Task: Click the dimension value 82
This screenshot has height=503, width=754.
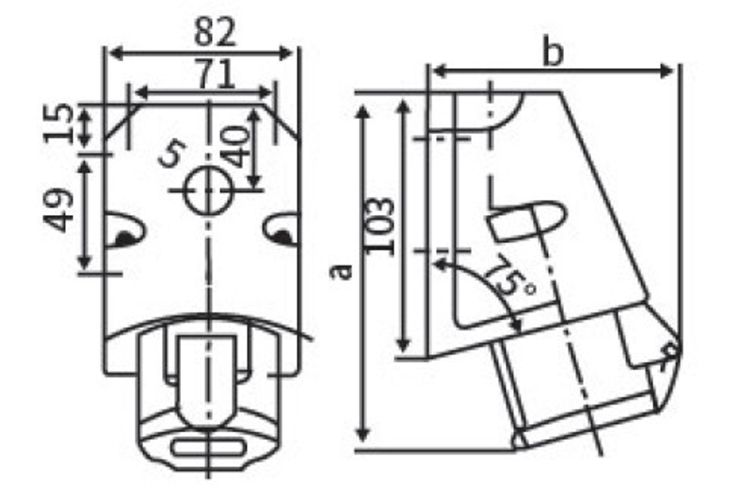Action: tap(216, 32)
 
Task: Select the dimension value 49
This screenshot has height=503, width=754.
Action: tap(59, 210)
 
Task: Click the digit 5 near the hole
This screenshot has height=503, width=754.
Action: tap(171, 155)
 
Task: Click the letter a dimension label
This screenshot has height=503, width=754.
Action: tap(342, 271)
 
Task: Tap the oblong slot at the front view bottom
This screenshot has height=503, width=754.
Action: tap(207, 447)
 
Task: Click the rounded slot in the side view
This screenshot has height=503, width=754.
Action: tap(528, 219)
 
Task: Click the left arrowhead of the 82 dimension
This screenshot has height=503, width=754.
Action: tap(112, 53)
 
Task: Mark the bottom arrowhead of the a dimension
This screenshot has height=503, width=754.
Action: tap(363, 434)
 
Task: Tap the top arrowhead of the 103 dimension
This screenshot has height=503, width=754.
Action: tap(404, 104)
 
